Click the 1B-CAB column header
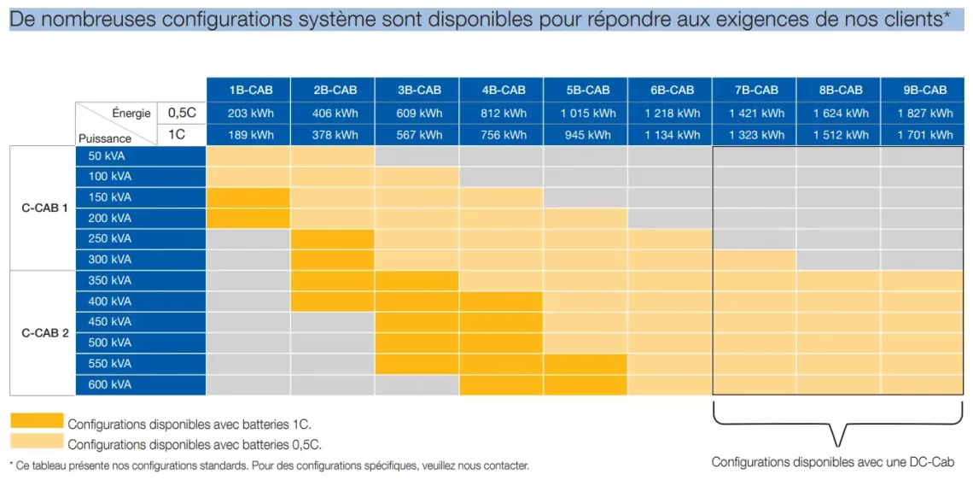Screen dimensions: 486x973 coord(248,90)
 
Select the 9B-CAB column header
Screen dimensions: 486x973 coord(925,90)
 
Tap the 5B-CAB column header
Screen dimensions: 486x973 coord(586,90)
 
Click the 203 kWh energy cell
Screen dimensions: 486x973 coord(248,113)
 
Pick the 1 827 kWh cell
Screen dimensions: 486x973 coord(925,113)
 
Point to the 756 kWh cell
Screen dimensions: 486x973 coord(502,134)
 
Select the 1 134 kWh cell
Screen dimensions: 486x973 coord(672,134)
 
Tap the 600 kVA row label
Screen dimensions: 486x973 coord(108,384)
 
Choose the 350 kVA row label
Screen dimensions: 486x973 coord(108,280)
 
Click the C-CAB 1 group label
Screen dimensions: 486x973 coord(44,208)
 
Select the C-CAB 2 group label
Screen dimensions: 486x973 coord(44,332)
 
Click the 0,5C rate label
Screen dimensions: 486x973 coord(181,113)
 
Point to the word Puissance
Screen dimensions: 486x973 coord(105,138)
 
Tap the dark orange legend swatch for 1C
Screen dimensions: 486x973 coord(36,420)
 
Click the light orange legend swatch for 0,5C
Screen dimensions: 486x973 coord(36,441)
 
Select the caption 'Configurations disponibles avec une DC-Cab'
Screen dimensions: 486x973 coord(832,461)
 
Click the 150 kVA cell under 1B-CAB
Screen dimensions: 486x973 coord(248,197)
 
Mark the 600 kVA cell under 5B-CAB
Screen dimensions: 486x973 coord(586,384)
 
